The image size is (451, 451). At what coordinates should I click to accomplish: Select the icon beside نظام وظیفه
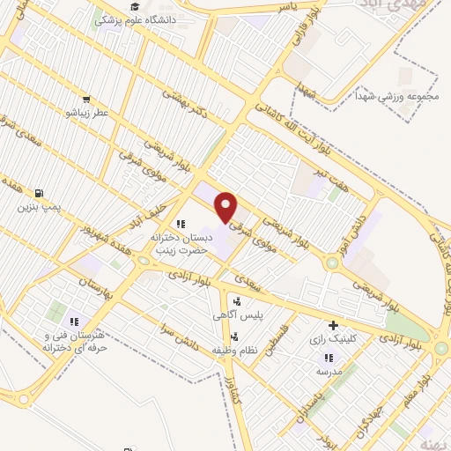tap(234, 336)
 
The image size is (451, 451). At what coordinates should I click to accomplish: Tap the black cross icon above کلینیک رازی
tap(332, 325)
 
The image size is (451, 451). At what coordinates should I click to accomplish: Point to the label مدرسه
tap(329, 372)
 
